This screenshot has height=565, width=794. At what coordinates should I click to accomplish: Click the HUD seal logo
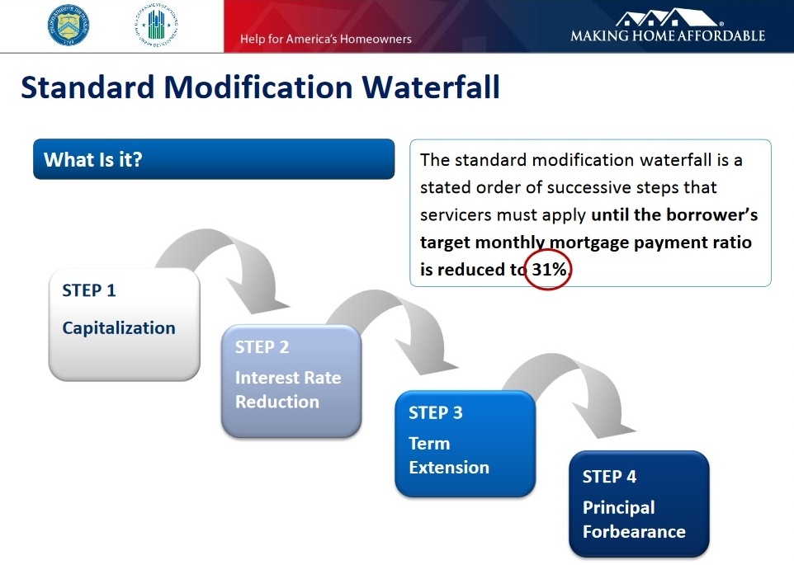click(154, 26)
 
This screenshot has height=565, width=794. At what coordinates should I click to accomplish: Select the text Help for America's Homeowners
click(325, 39)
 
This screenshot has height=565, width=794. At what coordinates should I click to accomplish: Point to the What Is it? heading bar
click(213, 159)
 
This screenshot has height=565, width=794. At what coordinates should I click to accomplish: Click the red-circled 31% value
click(548, 269)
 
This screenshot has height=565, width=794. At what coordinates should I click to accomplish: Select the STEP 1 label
click(88, 290)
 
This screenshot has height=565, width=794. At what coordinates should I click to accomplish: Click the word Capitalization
click(119, 327)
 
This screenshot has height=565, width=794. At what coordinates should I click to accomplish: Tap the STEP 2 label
click(262, 347)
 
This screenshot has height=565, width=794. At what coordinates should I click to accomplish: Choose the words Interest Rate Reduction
click(288, 389)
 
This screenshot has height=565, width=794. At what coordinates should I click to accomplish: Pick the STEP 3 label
click(435, 412)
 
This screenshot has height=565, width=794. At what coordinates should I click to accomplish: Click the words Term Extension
click(449, 455)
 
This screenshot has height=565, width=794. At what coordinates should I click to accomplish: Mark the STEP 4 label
click(609, 476)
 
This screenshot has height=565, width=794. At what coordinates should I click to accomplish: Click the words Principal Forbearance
click(634, 520)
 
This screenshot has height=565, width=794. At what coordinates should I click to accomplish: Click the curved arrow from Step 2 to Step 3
click(388, 326)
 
